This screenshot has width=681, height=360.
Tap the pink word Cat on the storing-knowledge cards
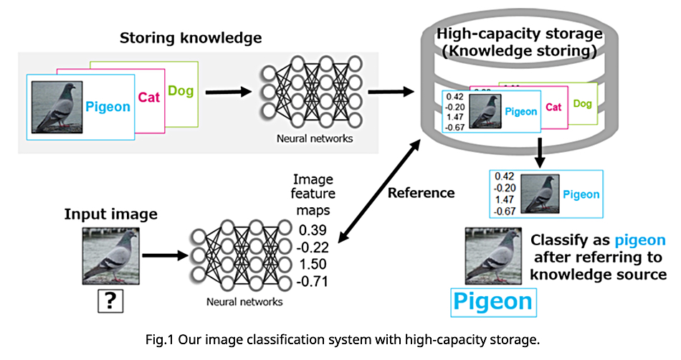(x=148, y=97)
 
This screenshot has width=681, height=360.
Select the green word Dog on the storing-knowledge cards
(x=181, y=91)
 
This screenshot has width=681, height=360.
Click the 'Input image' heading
(x=110, y=214)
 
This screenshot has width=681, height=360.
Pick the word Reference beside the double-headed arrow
(x=422, y=192)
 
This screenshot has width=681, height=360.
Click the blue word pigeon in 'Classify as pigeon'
(x=639, y=240)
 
